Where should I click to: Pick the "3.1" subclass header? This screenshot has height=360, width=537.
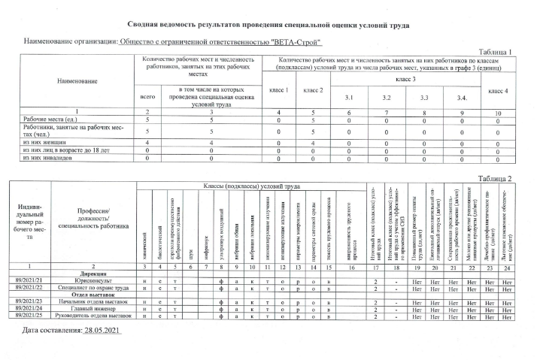[347, 98]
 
